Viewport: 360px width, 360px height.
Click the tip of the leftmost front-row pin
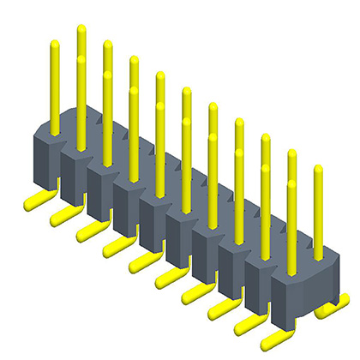tap(55, 44)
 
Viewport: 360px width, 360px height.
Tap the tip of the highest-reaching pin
tap(81, 29)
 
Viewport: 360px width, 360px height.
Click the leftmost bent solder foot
tap(33, 201)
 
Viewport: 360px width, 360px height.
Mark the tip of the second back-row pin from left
tap(107, 45)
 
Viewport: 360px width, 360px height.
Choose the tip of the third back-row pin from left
tap(134, 61)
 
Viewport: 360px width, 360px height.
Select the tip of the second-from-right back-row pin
tap(291, 154)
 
